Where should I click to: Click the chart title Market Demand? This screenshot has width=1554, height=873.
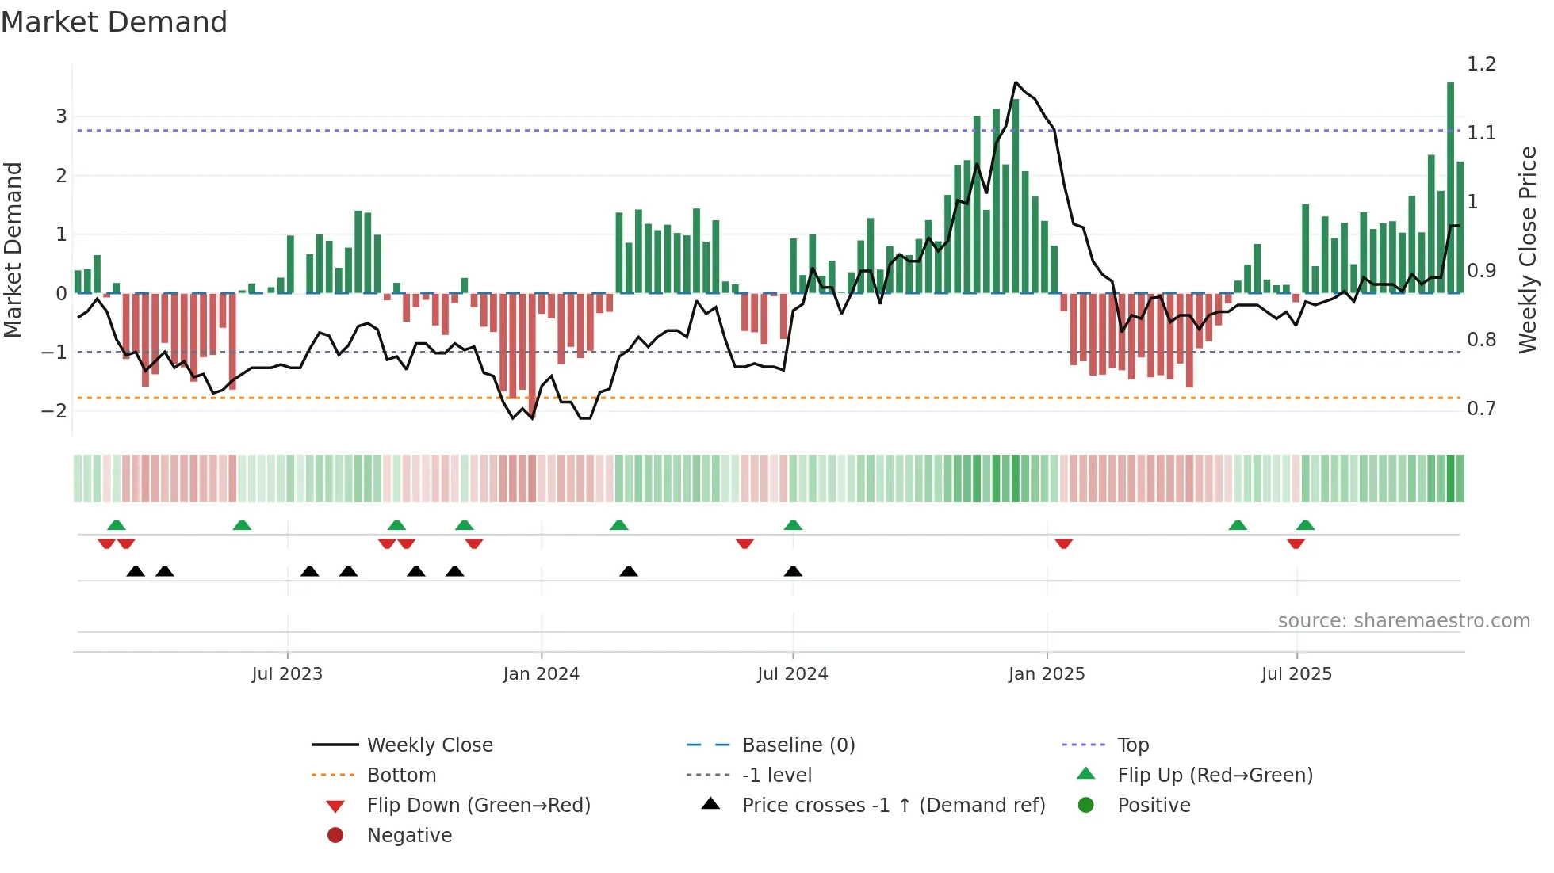pyautogui.click(x=114, y=22)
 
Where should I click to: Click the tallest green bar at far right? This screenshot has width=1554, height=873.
pyautogui.click(x=1450, y=188)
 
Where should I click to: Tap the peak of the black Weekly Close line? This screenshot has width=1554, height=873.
pyautogui.click(x=1016, y=82)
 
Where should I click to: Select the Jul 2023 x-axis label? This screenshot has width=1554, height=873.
pyautogui.click(x=287, y=674)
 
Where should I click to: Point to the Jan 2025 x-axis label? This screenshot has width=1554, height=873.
pyautogui.click(x=1046, y=674)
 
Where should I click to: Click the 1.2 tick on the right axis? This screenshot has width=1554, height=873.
pyautogui.click(x=1480, y=64)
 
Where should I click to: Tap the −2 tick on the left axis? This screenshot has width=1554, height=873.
pyautogui.click(x=55, y=410)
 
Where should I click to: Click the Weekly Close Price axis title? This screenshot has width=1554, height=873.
pyautogui.click(x=1527, y=250)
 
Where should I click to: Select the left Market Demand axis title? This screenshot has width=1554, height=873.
pyautogui.click(x=13, y=250)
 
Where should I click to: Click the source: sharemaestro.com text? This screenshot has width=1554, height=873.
pyautogui.click(x=1403, y=621)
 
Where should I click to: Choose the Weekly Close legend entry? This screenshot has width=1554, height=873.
pyautogui.click(x=429, y=745)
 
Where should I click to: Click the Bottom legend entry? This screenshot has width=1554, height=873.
pyautogui.click(x=401, y=776)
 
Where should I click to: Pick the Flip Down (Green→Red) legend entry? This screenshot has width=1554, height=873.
pyautogui.click(x=478, y=806)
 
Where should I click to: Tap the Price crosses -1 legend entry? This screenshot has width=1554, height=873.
pyautogui.click(x=893, y=806)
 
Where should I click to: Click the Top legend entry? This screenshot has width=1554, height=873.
pyautogui.click(x=1132, y=745)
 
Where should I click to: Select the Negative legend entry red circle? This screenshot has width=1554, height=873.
pyautogui.click(x=335, y=836)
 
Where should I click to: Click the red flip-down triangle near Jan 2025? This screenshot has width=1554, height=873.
pyautogui.click(x=1064, y=543)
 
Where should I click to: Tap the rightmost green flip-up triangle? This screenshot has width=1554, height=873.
pyautogui.click(x=1305, y=525)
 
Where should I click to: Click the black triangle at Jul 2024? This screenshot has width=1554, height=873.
pyautogui.click(x=793, y=571)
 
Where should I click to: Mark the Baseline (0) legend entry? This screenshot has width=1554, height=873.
pyautogui.click(x=798, y=745)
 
